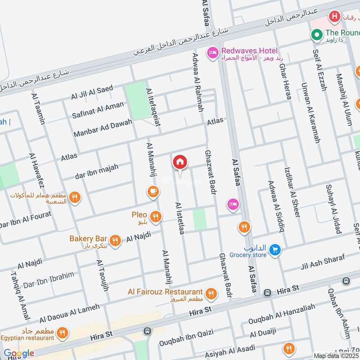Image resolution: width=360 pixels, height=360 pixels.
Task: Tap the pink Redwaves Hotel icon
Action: (212, 54)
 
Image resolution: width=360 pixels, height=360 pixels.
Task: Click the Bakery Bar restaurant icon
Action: (115, 241)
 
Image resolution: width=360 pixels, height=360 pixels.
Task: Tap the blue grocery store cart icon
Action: (275, 249)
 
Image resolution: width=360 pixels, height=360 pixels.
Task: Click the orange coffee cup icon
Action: (153, 192)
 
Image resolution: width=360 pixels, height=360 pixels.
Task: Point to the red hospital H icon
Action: (334, 18)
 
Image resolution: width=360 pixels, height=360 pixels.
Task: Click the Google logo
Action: (18, 353)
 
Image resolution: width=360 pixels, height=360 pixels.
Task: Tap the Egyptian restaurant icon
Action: (62, 333)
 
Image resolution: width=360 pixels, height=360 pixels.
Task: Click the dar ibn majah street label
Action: (96, 171)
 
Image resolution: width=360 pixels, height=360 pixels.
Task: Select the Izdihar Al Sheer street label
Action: (292, 193)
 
